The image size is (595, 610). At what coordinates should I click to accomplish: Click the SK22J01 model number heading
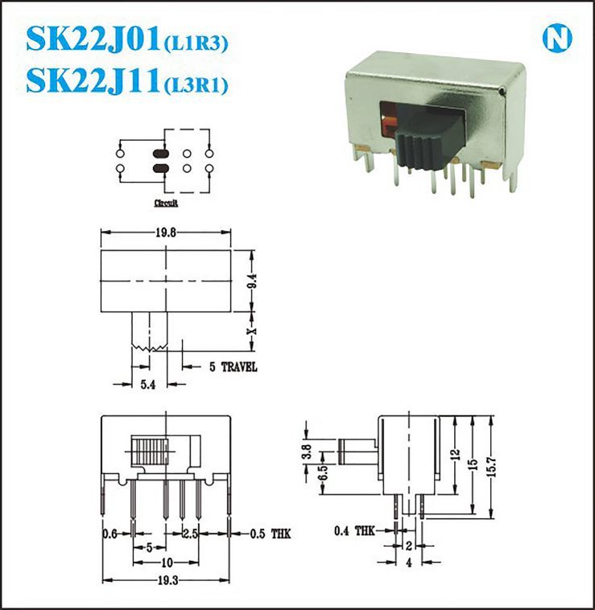coord(93,39)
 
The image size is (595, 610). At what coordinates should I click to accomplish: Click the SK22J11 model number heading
coord(93,80)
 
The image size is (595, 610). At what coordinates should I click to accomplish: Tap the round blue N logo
coord(557,39)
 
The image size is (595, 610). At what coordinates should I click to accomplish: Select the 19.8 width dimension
coord(166,233)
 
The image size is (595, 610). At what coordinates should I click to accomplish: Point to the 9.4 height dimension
coord(253,281)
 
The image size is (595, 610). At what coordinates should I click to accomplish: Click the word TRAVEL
coord(239,367)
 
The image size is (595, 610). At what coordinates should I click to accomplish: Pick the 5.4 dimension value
coord(148,385)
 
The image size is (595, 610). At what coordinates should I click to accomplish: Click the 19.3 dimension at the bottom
coord(167,581)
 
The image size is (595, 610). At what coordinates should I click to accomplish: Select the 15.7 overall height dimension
coord(491,467)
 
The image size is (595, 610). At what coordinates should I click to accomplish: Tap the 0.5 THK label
coord(270,534)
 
